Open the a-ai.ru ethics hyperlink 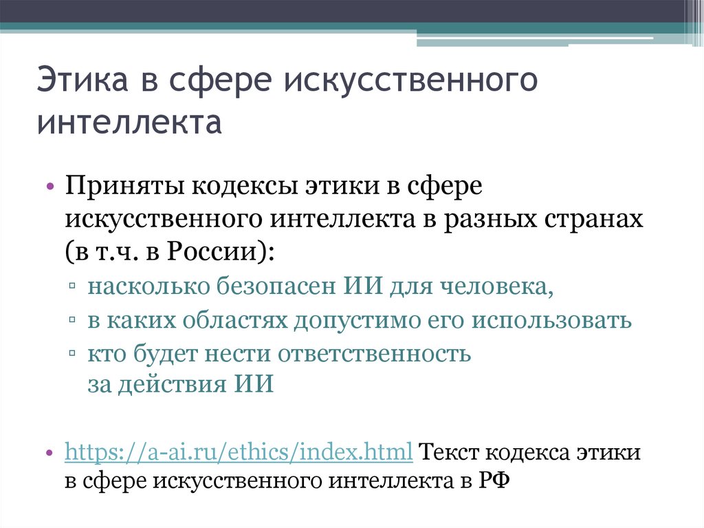[239, 454]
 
